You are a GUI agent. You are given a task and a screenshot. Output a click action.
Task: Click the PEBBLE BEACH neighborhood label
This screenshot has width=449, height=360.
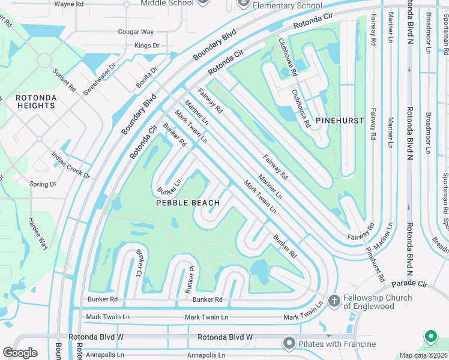point(187,203)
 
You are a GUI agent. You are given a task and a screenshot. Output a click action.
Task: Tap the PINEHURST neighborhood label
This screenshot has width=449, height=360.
point(340,121)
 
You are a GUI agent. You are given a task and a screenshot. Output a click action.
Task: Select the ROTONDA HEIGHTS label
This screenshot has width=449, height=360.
point(36,101)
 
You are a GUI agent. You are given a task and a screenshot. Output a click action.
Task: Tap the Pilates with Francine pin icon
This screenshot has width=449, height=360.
point(289,343)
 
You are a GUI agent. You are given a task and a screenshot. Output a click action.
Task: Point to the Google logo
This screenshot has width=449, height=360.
point(20,353)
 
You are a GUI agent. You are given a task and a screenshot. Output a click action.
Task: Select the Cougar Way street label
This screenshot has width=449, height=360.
point(136,31)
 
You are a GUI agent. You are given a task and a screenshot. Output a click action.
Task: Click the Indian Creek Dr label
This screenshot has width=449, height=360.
point(70,166)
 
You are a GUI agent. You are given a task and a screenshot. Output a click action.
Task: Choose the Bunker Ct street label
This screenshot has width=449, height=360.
point(138,262)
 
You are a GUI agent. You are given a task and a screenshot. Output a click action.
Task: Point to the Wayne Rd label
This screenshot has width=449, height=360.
point(68,4)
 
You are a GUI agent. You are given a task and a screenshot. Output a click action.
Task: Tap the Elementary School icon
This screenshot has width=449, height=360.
point(244,4)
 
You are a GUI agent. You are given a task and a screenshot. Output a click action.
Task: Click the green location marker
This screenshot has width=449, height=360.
point(430,337)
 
